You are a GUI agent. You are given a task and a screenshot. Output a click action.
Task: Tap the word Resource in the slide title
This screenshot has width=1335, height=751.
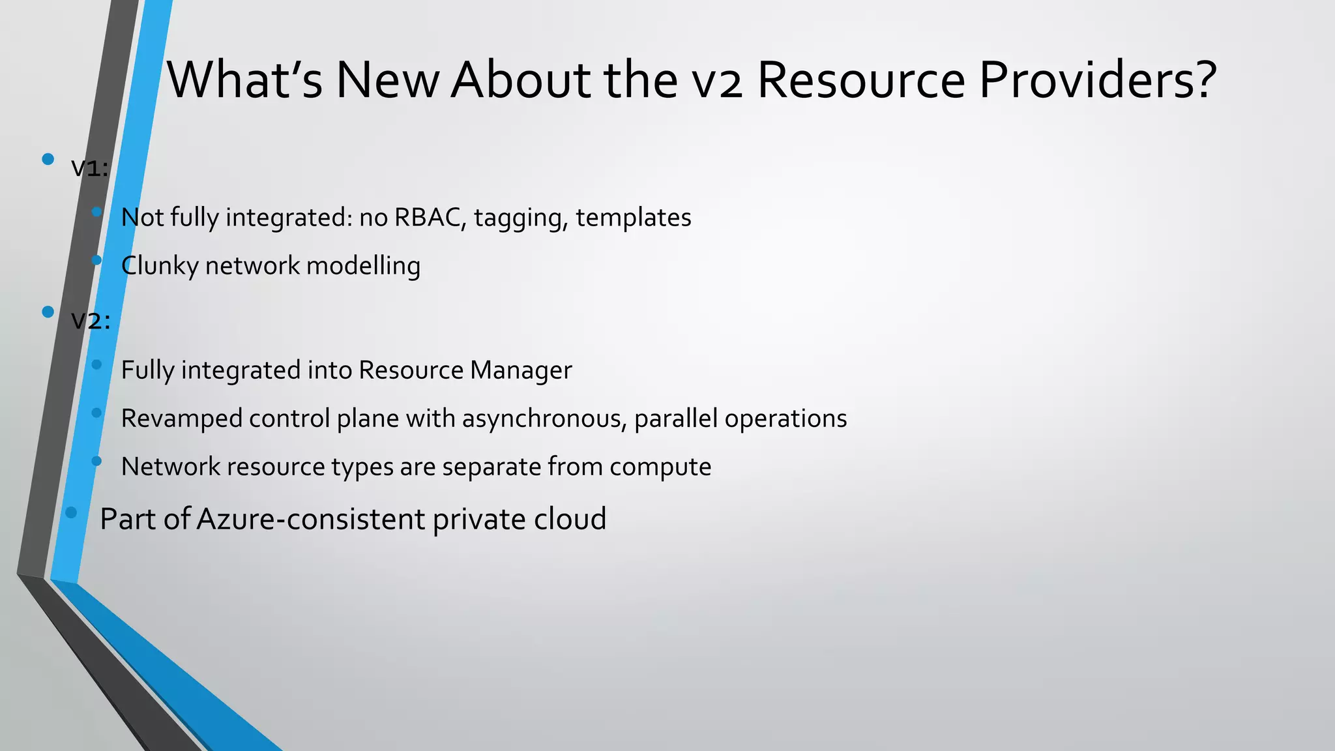(860, 80)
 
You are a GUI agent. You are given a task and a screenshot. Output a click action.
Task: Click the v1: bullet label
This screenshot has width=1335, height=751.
(90, 168)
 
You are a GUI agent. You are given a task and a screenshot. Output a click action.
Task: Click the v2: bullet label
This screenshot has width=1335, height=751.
(91, 321)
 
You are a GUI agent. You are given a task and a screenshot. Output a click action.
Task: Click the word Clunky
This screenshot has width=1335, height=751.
(159, 266)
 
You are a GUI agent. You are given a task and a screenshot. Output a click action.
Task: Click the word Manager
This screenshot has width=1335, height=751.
(521, 370)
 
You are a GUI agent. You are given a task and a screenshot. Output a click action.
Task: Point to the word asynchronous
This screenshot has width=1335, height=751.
(544, 419)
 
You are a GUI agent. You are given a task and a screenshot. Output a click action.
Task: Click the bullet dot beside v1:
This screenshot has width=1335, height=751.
(48, 159)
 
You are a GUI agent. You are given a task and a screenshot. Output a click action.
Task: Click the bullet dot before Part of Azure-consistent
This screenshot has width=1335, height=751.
(72, 512)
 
